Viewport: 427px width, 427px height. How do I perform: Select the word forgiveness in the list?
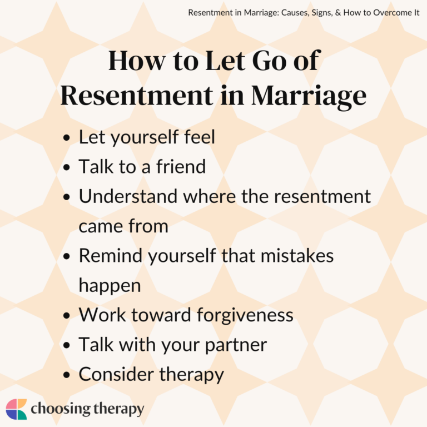[245, 315]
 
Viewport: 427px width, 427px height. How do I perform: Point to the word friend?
[179, 166]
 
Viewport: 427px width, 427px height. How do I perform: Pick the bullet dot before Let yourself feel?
[67, 137]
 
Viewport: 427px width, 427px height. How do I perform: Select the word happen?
[110, 285]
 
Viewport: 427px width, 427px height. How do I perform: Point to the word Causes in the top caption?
[285, 12]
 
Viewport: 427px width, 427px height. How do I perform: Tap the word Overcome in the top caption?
[382, 12]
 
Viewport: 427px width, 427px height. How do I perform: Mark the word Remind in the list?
[109, 256]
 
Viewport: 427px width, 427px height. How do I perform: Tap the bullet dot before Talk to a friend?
[67, 167]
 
